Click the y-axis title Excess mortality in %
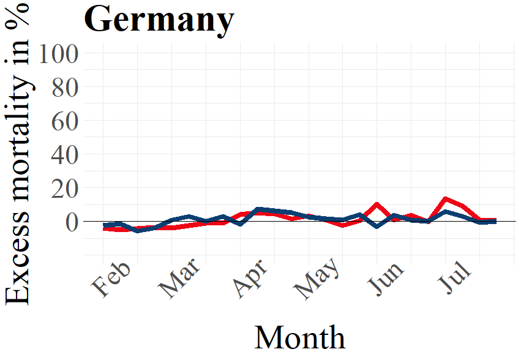coord(17,154)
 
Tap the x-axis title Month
coord(300,337)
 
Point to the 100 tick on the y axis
coord(59,54)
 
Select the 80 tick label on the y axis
coord(65,88)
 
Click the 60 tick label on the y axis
coord(65,121)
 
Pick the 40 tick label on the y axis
coord(65,155)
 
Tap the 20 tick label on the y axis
coord(65,189)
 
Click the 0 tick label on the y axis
coord(72,222)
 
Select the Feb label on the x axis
coord(111,280)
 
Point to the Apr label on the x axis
coord(250,279)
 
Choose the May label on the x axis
coord(317,279)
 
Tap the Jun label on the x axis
coord(386,279)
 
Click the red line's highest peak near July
coord(446,199)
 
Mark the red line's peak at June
coord(377,204)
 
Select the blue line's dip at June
coord(377,227)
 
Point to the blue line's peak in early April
coord(258,209)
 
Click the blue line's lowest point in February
coord(138,231)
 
